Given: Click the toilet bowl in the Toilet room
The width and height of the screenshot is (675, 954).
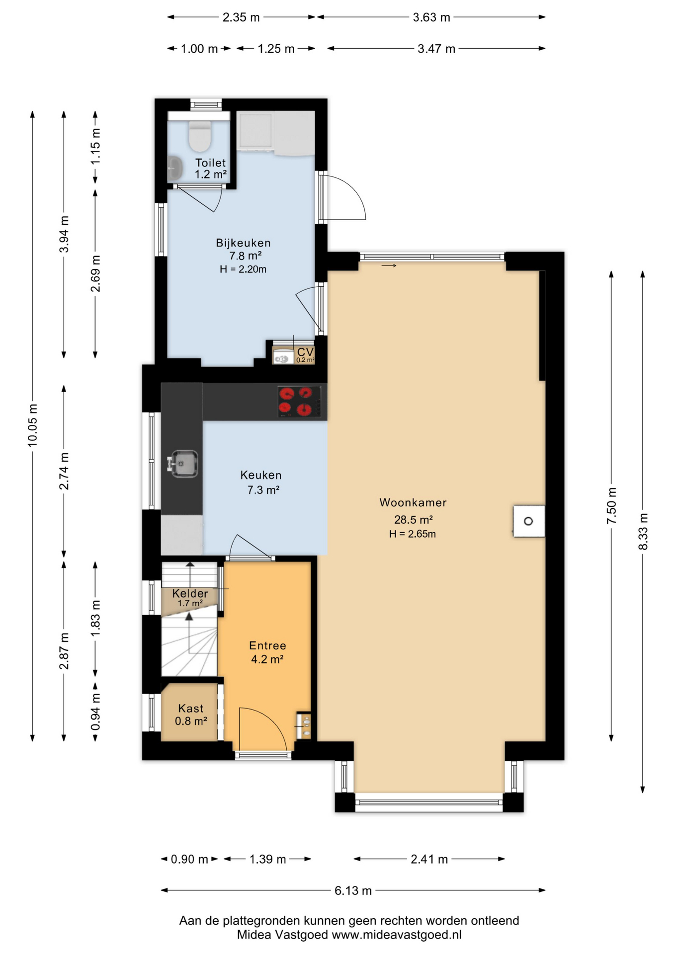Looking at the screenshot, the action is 200,135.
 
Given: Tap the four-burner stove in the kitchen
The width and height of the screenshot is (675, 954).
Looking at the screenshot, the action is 299,401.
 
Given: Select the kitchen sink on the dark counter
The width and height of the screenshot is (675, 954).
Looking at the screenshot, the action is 183,464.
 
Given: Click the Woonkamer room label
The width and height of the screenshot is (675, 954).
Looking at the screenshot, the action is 413,502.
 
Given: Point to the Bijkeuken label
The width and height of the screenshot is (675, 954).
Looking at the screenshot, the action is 243,243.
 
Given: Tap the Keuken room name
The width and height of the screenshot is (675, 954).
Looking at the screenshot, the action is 261,475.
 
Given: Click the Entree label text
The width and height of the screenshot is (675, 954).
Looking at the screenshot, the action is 267,645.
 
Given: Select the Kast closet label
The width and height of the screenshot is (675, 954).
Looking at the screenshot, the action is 191,709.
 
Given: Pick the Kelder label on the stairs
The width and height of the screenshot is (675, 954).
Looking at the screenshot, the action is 190,593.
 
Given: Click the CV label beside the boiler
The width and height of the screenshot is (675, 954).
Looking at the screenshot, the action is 305,352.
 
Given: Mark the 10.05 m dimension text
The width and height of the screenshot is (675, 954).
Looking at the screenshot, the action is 32,425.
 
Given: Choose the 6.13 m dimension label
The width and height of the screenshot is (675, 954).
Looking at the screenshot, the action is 353,890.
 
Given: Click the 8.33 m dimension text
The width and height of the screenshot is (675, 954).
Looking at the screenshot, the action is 643,532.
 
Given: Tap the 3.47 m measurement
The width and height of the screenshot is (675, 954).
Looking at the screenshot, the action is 436,49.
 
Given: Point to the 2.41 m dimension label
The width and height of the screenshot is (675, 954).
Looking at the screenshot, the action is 429,859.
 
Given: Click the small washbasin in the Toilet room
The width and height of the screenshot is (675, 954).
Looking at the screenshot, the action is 174,167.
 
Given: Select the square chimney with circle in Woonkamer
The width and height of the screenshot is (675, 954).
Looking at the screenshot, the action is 529,521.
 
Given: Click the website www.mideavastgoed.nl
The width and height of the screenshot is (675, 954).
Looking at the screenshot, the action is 397,935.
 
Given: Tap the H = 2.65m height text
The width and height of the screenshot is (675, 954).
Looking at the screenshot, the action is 413,534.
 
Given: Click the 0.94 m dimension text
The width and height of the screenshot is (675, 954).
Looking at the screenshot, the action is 95,712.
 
